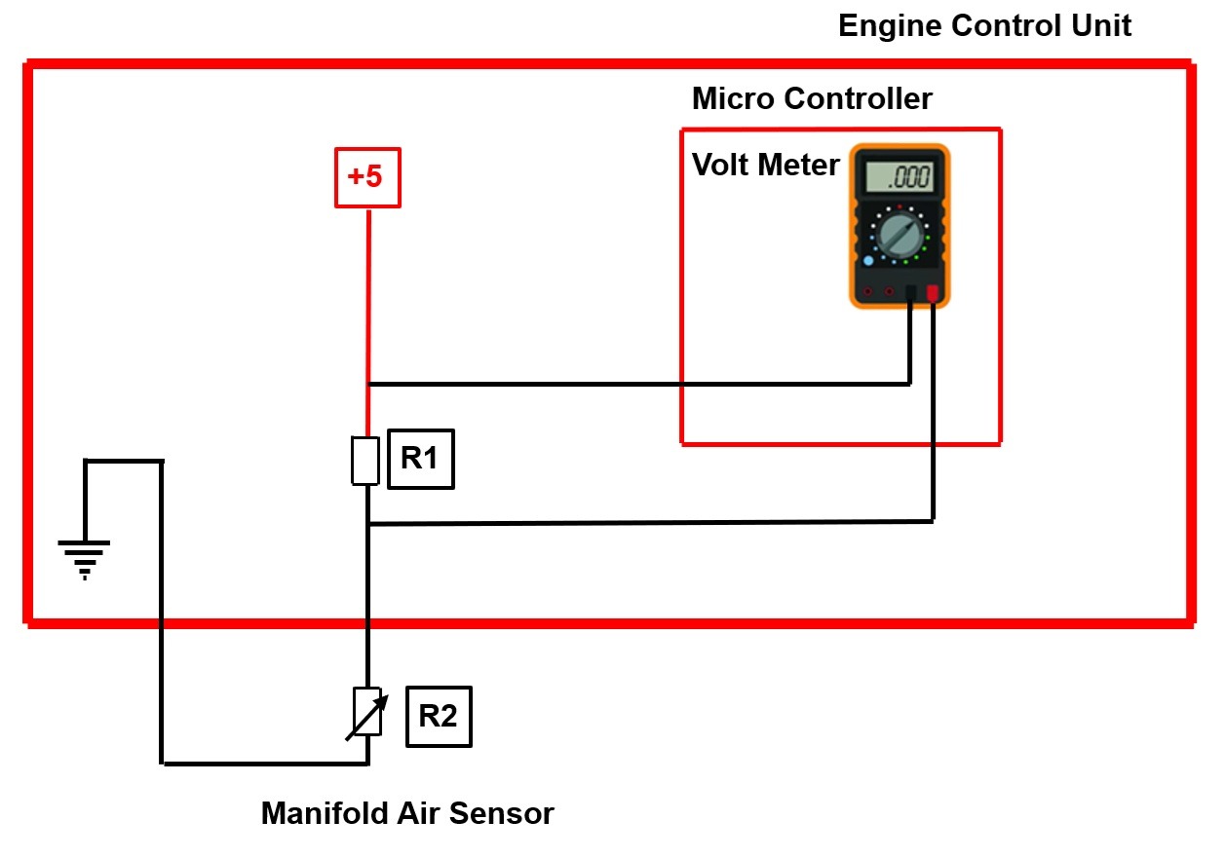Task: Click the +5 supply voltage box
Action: pyautogui.click(x=367, y=177)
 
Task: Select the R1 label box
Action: pyautogui.click(x=420, y=459)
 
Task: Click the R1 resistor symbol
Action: pyautogui.click(x=364, y=462)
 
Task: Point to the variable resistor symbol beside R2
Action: pyautogui.click(x=366, y=713)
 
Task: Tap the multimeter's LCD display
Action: pyautogui.click(x=898, y=177)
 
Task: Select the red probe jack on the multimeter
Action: pyautogui.click(x=933, y=292)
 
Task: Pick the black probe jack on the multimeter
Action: pyautogui.click(x=910, y=292)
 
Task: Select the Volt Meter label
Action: pyautogui.click(x=765, y=166)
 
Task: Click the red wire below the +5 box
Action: pyautogui.click(x=367, y=292)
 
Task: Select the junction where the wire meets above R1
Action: pyautogui.click(x=367, y=384)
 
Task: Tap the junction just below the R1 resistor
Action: pyautogui.click(x=367, y=525)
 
